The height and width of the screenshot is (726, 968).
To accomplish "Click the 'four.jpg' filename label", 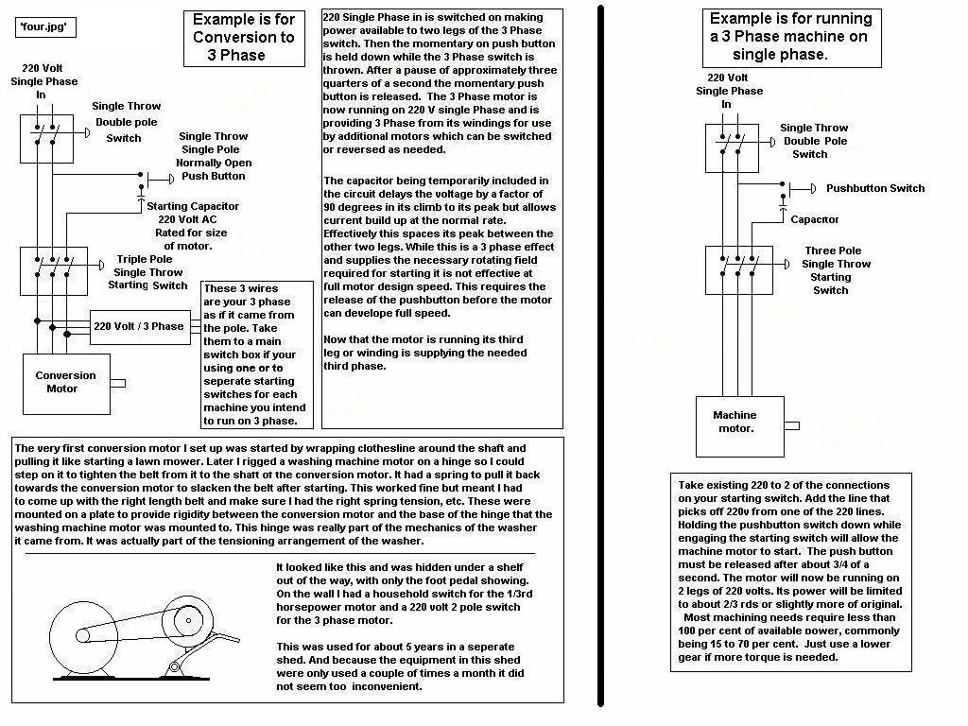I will coord(45,27).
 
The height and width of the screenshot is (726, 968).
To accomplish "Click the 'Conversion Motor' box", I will coord(66,383).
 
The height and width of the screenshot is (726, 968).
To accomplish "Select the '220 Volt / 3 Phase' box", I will coord(139,326).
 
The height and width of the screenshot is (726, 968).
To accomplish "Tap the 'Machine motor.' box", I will coord(735,422).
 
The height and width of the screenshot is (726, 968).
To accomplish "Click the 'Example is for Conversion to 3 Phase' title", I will coord(244,38).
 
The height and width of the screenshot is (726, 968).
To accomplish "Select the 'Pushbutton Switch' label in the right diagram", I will coord(874,188).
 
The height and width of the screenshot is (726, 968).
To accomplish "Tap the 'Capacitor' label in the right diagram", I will coord(814,219).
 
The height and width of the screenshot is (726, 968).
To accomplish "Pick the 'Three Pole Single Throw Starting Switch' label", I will coord(838,270).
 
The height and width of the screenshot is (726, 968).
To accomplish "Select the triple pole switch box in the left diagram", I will coord(53,271).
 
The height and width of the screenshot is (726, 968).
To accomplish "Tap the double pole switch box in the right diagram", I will coord(732,147).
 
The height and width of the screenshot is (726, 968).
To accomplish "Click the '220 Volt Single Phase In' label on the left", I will coord(41,82).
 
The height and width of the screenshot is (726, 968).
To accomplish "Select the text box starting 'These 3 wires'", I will coord(258,354).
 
